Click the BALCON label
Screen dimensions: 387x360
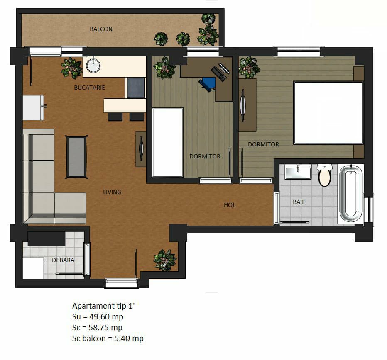pos(101,29)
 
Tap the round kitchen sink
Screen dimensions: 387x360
pos(93,66)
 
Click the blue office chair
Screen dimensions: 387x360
pos(207,84)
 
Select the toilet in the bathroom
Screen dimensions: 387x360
pos(324,175)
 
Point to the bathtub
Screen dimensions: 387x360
pos(351,194)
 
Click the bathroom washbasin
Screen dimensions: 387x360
pos(298,173)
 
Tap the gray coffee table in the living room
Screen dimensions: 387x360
pos(76,157)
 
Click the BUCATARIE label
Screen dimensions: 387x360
pos(89,88)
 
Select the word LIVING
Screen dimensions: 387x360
pos(112,192)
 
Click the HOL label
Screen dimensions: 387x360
pos(230,205)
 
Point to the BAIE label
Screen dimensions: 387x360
pos(299,202)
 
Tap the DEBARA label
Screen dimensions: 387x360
pos(63,260)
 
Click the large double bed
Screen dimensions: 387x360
pos(328,113)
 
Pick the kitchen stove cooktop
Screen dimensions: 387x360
pos(136,88)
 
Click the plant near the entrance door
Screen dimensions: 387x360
pos(164,260)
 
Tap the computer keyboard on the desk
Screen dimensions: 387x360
pos(219,74)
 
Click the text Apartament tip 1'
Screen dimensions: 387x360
pos(103,306)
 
